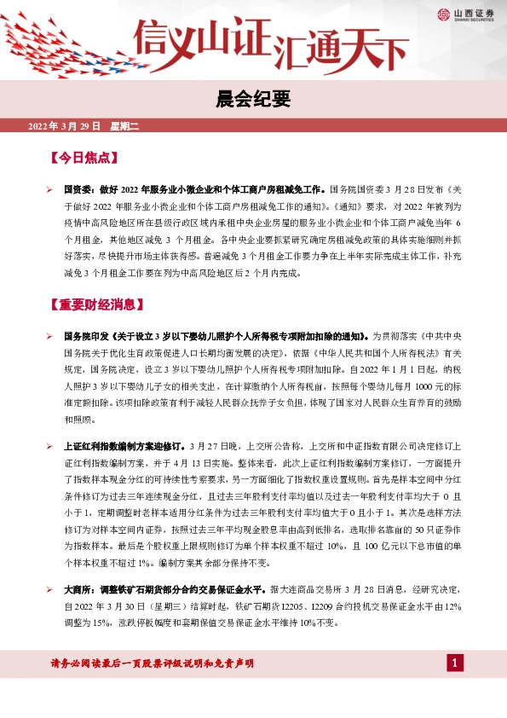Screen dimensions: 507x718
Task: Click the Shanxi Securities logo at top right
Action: point(465,14)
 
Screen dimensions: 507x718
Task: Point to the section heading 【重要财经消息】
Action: point(96,304)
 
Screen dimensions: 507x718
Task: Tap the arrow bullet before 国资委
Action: point(51,188)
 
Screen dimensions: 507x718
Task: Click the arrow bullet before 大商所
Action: point(51,589)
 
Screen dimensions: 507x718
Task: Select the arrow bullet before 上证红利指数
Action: point(51,447)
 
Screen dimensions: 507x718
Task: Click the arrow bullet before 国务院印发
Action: point(51,336)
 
